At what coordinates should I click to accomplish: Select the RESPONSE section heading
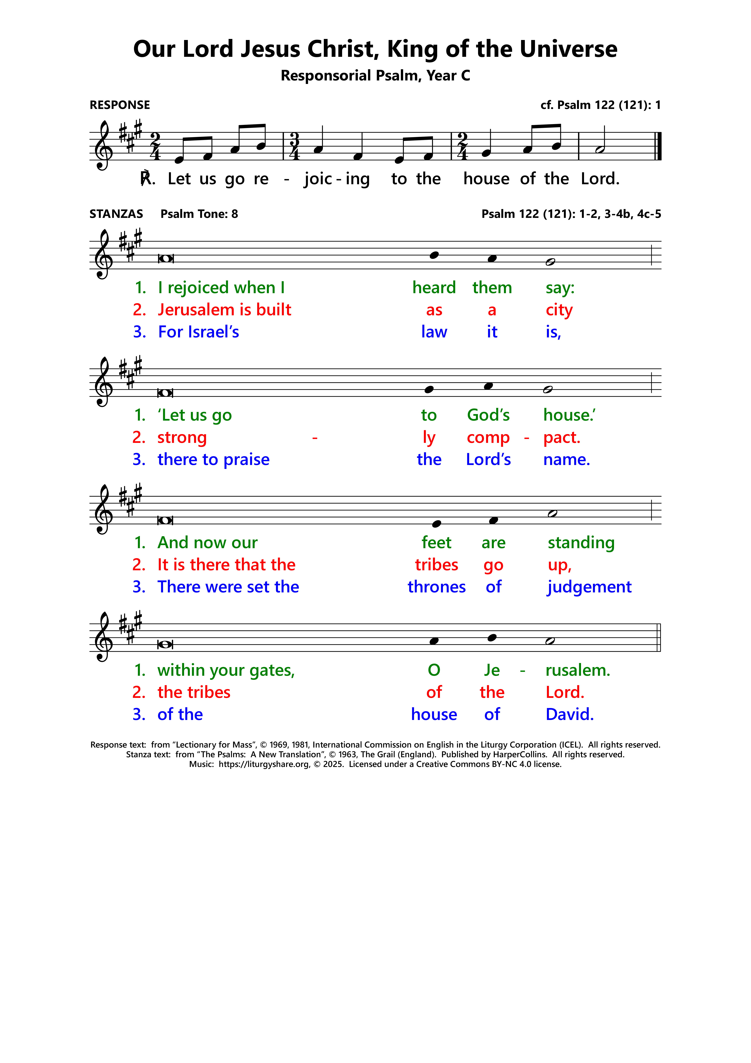click(120, 105)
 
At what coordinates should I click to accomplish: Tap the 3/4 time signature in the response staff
click(294, 146)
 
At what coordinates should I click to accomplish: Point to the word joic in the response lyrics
click(318, 179)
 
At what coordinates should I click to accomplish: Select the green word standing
click(581, 543)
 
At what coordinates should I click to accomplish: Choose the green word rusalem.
click(578, 670)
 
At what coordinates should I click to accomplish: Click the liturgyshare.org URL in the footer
click(264, 764)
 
